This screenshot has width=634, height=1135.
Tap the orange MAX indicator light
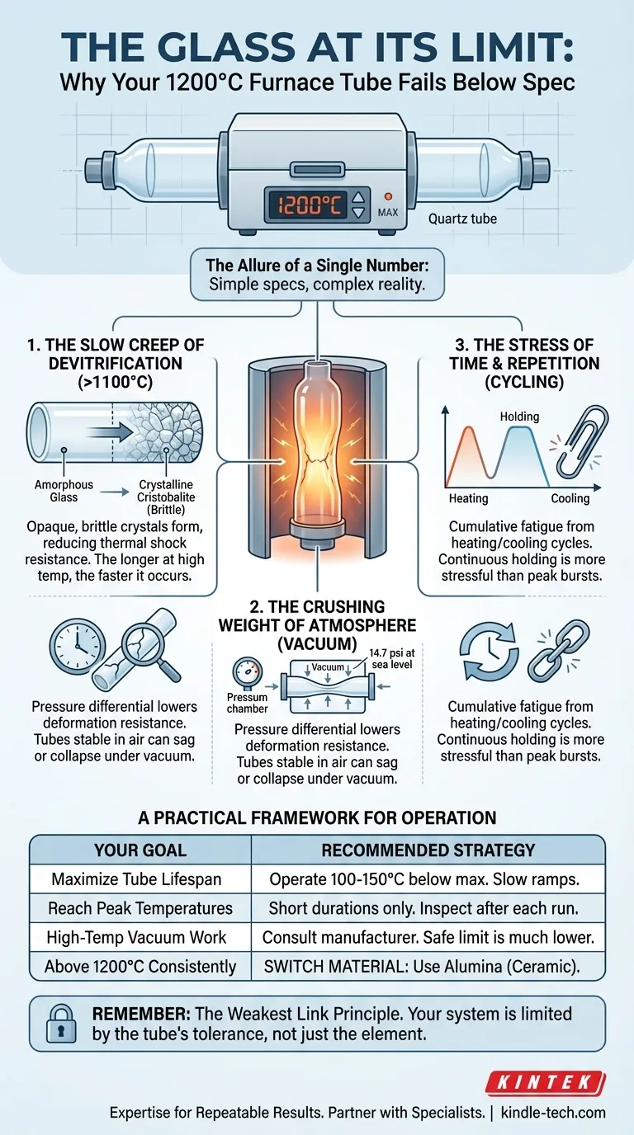(389, 196)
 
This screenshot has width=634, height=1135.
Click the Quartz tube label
(462, 219)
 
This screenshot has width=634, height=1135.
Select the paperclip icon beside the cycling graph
(582, 442)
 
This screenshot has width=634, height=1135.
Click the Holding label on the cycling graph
(519, 417)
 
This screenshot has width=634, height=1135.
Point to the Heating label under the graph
(468, 498)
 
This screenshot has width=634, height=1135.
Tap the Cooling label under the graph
(570, 498)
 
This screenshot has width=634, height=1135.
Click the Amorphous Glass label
(64, 491)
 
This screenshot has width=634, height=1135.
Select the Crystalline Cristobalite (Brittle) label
(166, 497)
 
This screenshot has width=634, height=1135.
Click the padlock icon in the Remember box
(61, 1023)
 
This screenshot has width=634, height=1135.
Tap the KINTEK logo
(545, 1083)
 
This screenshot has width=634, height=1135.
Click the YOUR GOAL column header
(140, 850)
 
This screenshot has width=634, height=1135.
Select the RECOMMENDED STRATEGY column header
(428, 850)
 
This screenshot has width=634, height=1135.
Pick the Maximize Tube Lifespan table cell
(136, 879)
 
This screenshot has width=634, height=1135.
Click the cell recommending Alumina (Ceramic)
(422, 967)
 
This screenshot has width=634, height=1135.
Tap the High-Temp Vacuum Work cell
(136, 937)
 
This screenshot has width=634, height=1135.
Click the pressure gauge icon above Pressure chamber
(248, 671)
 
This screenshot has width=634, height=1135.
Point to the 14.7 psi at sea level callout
(391, 659)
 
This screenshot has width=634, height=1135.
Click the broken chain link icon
(558, 650)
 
